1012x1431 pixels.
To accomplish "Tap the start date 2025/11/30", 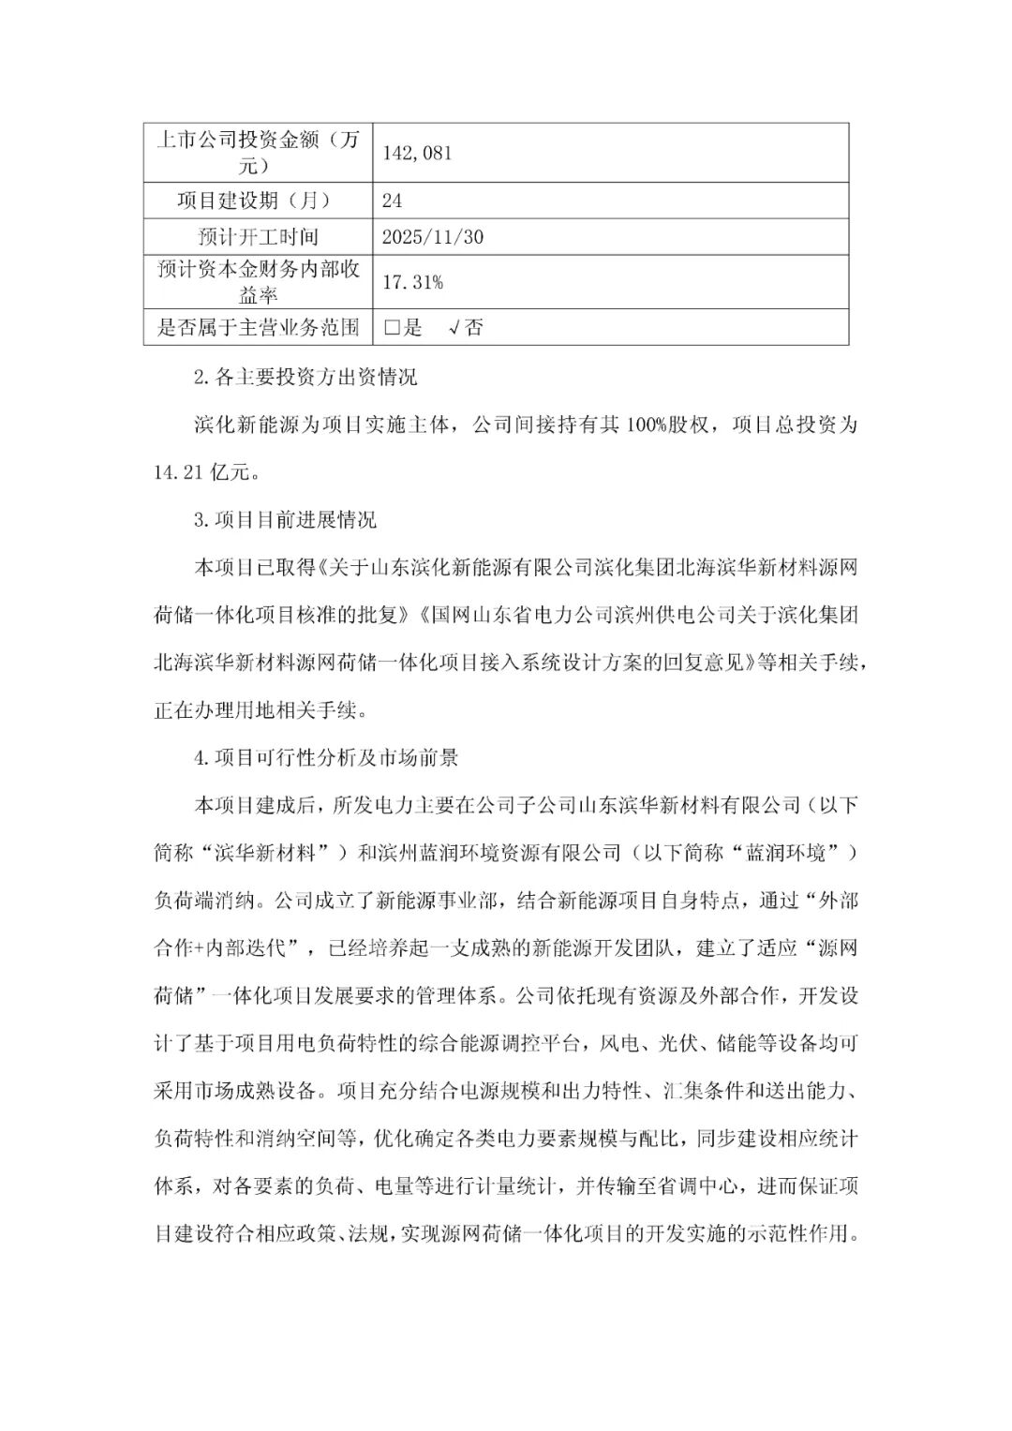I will pos(433,237).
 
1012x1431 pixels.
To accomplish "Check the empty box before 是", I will pos(392,328).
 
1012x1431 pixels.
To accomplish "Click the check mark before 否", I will pos(454,328).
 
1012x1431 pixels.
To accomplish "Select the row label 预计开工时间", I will pos(259,237).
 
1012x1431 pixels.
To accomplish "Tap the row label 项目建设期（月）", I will pos(259,201).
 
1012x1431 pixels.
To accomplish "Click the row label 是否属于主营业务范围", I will pos(259,328).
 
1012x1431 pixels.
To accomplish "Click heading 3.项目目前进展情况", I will pos(285,520).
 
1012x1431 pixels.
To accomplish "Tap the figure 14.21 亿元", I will pos(202,472).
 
